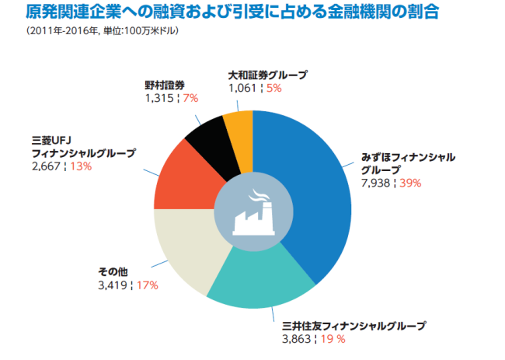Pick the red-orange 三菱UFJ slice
[183, 180]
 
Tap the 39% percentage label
[410, 183]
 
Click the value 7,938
[375, 183]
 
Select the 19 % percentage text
[333, 339]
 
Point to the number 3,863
[296, 339]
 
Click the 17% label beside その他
[148, 285]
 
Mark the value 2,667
[46, 166]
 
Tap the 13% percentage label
[81, 166]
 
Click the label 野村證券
[165, 86]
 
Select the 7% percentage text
[190, 98]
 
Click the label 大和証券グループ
[268, 75]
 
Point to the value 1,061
[242, 88]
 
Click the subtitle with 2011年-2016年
[103, 30]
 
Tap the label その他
[113, 272]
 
